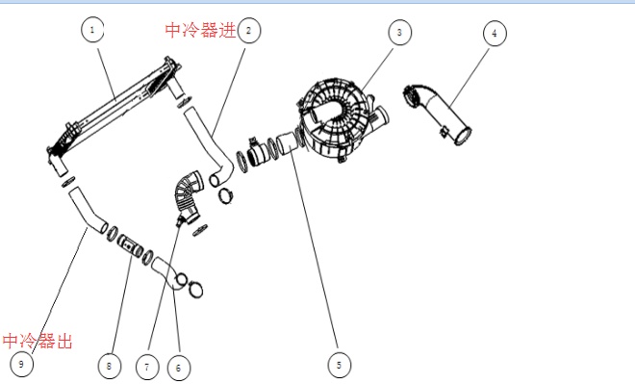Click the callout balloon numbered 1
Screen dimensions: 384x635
coord(92,30)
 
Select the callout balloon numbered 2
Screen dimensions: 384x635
coord(248,30)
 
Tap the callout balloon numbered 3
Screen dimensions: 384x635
coord(398,32)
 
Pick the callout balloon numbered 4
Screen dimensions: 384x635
coord(494,33)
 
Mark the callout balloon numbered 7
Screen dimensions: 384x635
coord(146,367)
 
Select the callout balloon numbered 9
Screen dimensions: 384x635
coord(21,364)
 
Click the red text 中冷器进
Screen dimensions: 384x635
coord(200,31)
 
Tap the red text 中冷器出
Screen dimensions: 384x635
coord(37,341)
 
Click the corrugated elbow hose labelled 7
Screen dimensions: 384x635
coord(186,192)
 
